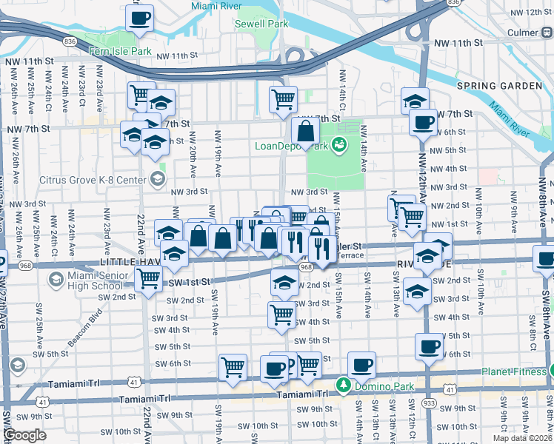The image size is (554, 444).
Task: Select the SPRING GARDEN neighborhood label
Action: point(498,86)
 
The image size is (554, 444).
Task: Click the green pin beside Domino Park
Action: point(343,385)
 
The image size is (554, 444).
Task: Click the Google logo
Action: point(25,435)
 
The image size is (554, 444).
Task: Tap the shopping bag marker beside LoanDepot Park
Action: point(305,132)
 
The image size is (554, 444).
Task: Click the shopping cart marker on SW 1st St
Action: point(149,279)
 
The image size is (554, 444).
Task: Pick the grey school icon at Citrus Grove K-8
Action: point(157,178)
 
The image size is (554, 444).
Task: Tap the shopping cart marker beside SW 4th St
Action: point(281,314)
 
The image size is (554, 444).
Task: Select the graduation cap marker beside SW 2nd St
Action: point(284,281)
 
